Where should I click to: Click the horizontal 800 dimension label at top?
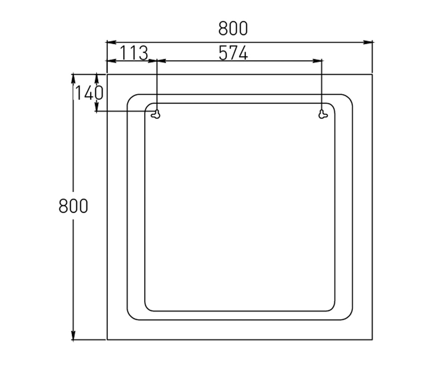coord(233,28)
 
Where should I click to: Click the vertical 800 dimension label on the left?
coord(73,206)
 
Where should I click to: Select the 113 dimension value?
coord(134,53)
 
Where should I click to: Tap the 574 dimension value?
coord(233,53)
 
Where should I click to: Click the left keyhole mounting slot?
coord(156,114)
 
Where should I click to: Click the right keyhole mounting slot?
coord(323,114)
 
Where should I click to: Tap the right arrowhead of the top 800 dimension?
coord(367,42)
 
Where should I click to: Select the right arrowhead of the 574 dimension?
coord(317,61)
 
